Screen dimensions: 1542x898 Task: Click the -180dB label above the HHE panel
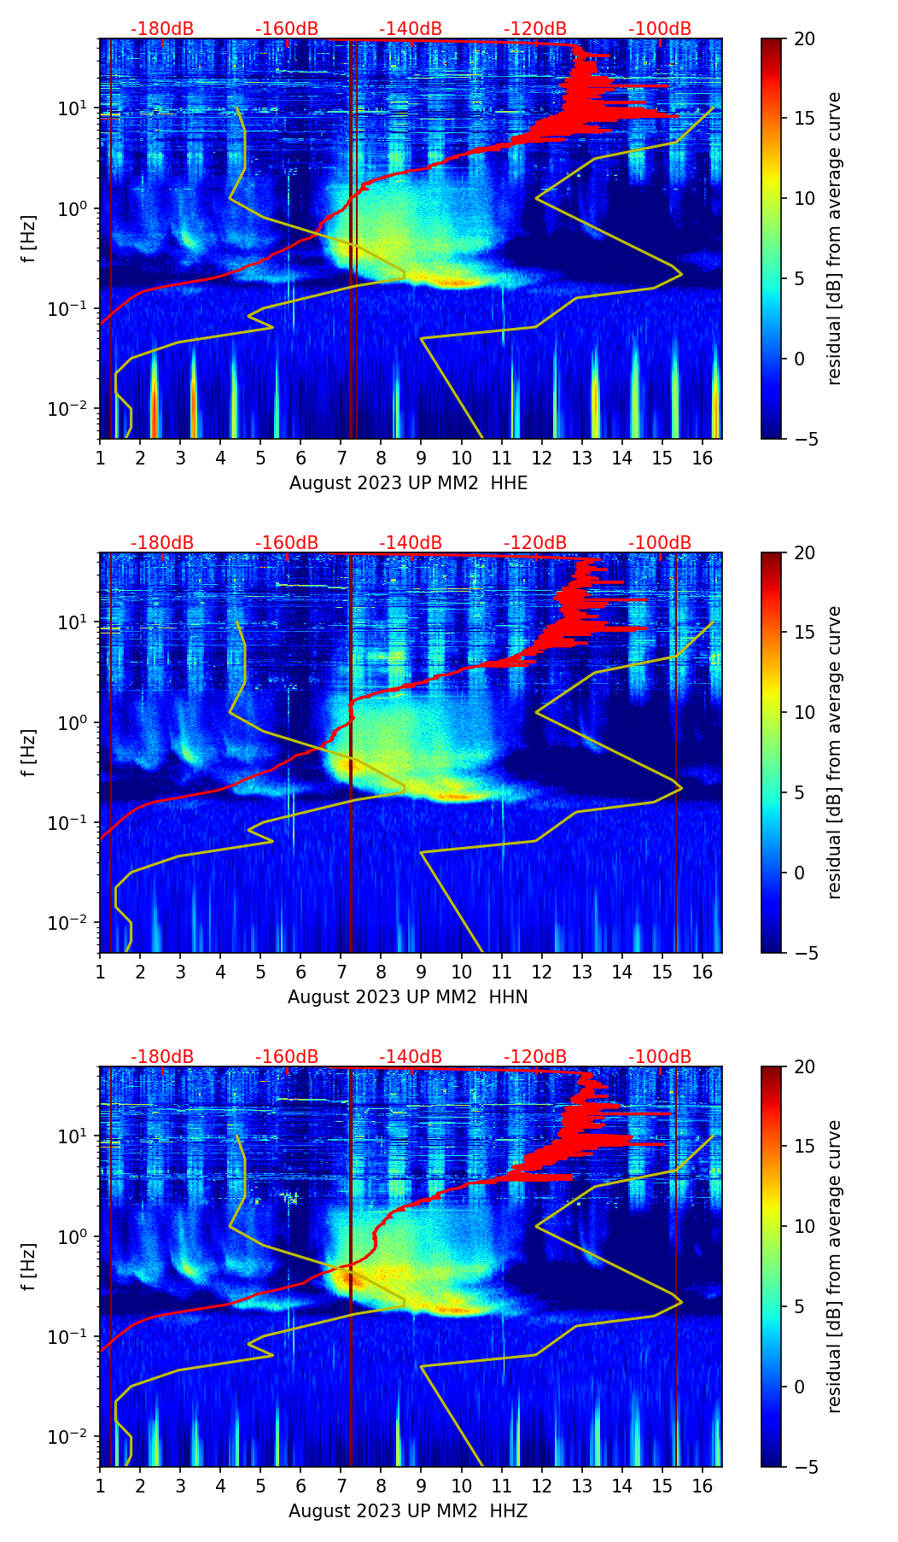point(162,29)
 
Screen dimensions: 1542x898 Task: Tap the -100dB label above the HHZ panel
point(660,1057)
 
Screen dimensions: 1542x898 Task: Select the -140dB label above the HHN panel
point(411,543)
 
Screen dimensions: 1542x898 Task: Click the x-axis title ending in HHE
point(408,483)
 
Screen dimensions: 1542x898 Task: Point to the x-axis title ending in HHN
point(408,997)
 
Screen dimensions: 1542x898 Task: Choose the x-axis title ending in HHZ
point(408,1511)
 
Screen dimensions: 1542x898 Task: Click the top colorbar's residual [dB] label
point(835,238)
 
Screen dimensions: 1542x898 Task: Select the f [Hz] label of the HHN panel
point(29,752)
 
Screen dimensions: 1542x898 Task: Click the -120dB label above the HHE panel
point(535,29)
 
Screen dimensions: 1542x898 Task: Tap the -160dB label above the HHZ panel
point(287,1057)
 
